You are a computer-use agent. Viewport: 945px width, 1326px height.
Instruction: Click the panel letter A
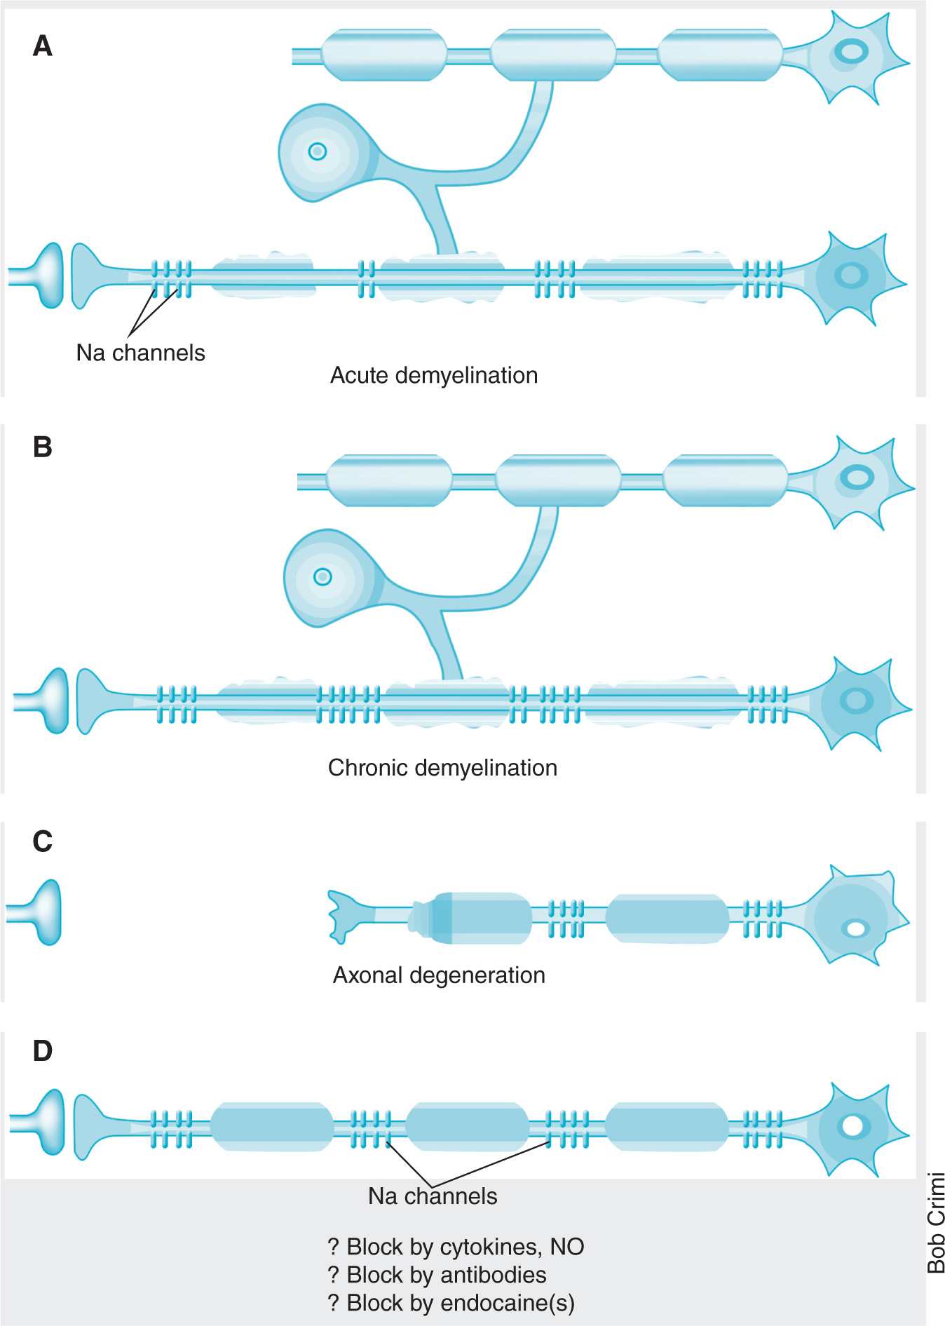[42, 46]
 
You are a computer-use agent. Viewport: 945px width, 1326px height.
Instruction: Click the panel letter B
[42, 447]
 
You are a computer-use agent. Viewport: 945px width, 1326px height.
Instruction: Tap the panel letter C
[42, 841]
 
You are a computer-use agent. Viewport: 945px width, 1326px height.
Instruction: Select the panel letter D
[42, 1051]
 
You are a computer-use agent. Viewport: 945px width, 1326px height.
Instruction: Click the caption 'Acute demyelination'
[434, 375]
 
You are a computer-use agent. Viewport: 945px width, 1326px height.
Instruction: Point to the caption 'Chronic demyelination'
[442, 768]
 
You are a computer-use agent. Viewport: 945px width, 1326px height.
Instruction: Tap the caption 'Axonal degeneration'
[439, 975]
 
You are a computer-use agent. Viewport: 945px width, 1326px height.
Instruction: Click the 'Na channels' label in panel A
[140, 353]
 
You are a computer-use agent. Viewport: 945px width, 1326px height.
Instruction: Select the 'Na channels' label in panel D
[433, 1196]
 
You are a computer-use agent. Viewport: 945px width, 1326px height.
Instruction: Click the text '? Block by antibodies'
[437, 1275]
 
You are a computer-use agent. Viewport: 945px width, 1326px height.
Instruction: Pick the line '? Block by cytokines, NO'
[456, 1247]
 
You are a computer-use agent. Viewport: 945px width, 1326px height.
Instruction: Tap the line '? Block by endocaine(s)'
[451, 1303]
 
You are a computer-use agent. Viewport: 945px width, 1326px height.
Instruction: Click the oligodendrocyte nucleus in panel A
[318, 151]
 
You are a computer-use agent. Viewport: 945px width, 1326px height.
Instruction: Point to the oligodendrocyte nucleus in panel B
[322, 576]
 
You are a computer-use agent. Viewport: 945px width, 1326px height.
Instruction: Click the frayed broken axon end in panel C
[344, 916]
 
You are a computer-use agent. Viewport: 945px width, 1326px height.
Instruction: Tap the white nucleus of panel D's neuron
[852, 1125]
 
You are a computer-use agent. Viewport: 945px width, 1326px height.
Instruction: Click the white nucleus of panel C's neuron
[856, 929]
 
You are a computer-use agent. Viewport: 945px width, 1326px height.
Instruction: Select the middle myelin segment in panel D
[467, 1125]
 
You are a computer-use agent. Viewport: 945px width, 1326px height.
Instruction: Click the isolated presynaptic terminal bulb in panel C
[43, 912]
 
